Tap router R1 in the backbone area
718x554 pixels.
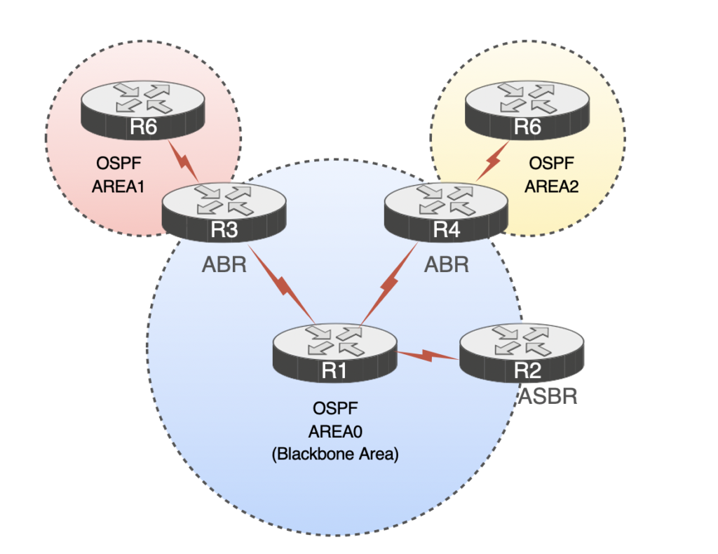tap(335, 351)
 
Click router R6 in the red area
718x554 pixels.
tap(143, 109)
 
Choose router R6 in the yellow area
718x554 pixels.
tap(527, 108)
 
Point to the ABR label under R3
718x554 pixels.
tap(224, 264)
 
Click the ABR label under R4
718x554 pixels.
tap(447, 264)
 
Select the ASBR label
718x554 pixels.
tap(548, 397)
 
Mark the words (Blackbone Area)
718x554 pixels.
tap(334, 454)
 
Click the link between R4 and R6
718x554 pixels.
tap(493, 162)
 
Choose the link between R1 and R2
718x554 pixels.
tap(429, 356)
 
